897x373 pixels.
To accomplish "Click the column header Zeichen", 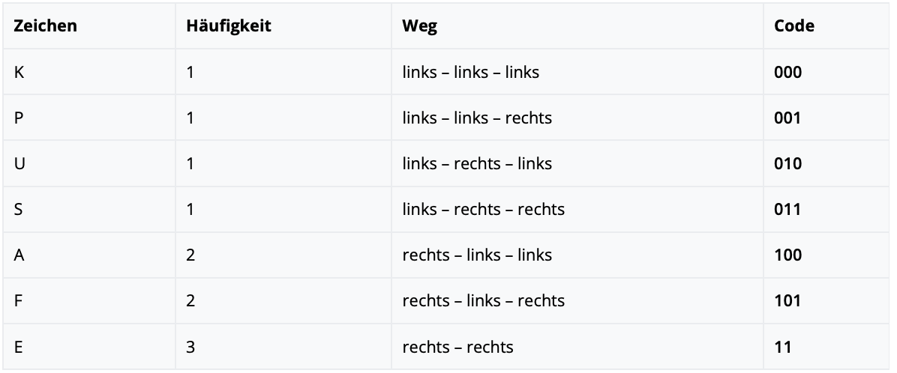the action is (45, 26).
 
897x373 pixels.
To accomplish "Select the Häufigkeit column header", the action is (229, 26).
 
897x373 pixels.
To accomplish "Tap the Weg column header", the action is (419, 27).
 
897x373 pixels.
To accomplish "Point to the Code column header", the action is (794, 26).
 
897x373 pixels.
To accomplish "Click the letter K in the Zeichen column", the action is (19, 73).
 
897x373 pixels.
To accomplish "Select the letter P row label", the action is (18, 118).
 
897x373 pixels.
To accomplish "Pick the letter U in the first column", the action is (19, 164).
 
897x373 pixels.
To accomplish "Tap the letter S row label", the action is (18, 210).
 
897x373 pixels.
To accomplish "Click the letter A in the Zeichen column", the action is (19, 255).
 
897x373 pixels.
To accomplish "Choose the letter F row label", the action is (18, 301).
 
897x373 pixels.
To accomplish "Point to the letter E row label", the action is (18, 347).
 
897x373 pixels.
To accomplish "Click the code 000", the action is (788, 73).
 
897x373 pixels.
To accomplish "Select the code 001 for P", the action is (787, 118).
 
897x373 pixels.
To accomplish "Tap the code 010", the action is (788, 164).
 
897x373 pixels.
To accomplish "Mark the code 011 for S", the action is (787, 210).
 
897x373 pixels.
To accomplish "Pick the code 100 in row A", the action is (788, 255).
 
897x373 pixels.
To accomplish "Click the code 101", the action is (787, 301).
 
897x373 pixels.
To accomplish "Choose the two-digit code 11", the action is (782, 347).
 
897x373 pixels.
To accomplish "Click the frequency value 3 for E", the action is (190, 347).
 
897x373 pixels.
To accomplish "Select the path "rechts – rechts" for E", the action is (457, 347).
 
